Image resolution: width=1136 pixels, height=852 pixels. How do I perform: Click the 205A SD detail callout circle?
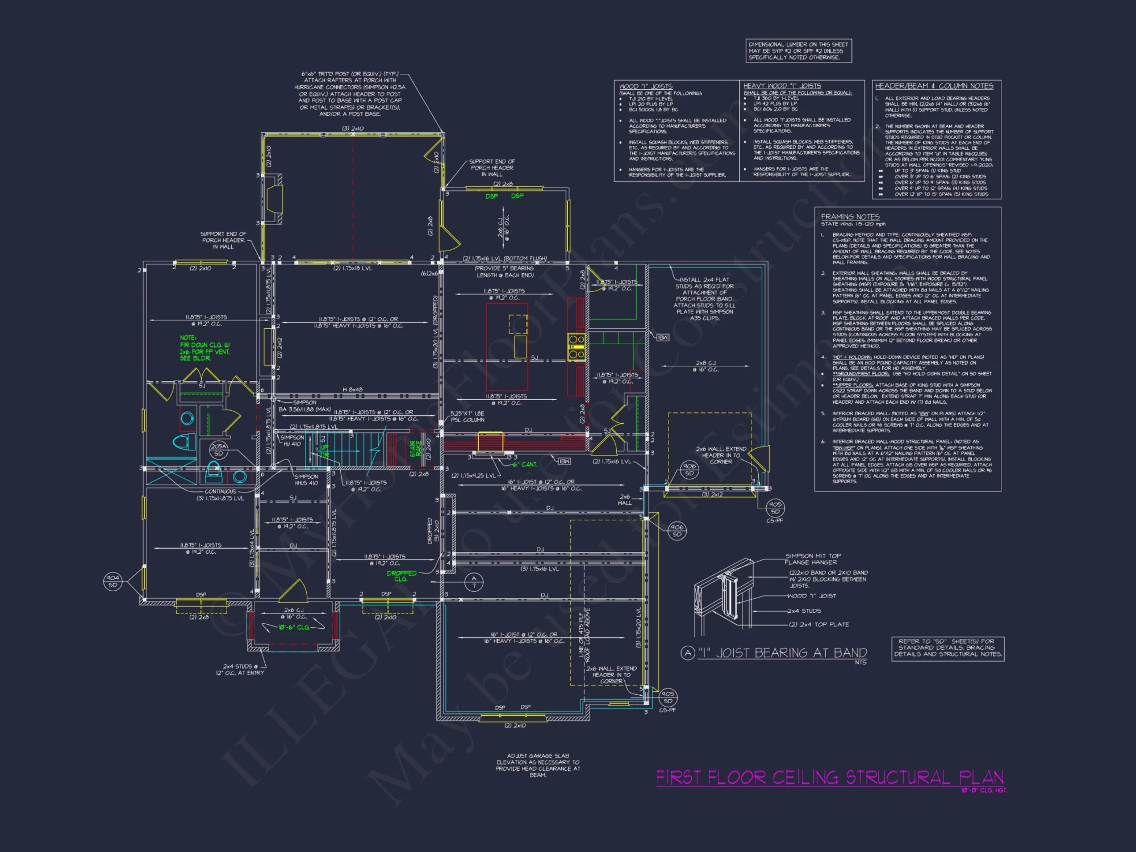[x=219, y=449]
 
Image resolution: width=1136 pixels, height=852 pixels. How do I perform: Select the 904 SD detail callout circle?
[x=112, y=581]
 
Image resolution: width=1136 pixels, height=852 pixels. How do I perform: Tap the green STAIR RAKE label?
[x=416, y=449]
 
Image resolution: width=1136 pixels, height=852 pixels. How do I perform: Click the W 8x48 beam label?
[x=352, y=390]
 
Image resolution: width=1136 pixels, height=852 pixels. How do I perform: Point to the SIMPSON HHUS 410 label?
[x=306, y=480]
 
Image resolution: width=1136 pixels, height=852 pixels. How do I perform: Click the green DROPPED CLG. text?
[x=402, y=576]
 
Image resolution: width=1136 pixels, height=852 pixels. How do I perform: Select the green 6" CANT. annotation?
[x=525, y=465]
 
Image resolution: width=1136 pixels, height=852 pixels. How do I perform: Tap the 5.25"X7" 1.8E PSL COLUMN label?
[x=467, y=417]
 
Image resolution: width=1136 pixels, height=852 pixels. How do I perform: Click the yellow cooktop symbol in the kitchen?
[x=576, y=347]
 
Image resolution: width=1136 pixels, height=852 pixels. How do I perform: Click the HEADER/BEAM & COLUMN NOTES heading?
[x=934, y=86]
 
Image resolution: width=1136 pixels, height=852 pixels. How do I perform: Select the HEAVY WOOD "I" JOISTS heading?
[x=782, y=86]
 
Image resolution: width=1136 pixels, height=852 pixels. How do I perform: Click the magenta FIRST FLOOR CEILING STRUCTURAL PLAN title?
[x=829, y=777]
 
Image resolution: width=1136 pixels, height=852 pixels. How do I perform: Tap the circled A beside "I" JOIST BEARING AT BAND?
[x=688, y=653]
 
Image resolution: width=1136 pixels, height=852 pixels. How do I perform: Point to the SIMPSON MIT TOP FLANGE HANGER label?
[x=812, y=559]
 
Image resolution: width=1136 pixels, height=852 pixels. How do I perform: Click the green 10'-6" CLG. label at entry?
[x=294, y=627]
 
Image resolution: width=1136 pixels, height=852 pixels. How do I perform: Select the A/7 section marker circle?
[x=474, y=582]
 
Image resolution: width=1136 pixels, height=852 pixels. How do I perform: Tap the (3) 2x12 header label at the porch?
[x=712, y=495]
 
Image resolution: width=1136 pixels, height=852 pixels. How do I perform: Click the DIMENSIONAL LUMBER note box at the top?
[x=798, y=51]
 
